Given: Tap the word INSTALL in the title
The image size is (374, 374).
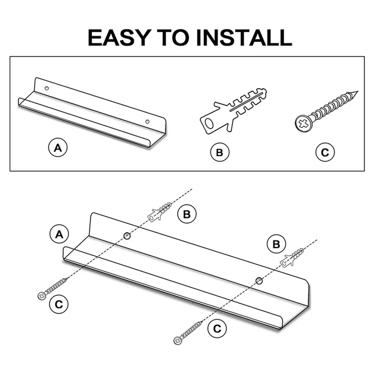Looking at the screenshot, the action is pyautogui.click(x=244, y=37).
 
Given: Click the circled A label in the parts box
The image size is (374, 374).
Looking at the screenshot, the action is pyautogui.click(x=58, y=147).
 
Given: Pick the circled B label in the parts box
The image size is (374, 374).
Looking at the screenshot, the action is pyautogui.click(x=220, y=152).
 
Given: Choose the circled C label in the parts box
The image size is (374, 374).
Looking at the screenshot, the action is pyautogui.click(x=325, y=152).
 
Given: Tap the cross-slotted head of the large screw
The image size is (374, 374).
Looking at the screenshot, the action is pyautogui.click(x=303, y=123).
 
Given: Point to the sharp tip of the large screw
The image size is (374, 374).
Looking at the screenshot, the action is pyautogui.click(x=358, y=92).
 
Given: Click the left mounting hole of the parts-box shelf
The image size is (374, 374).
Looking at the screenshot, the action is pyautogui.click(x=47, y=88).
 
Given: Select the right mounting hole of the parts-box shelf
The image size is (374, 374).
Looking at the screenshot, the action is pyautogui.click(x=147, y=122).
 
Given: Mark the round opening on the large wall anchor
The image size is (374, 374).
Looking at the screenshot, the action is pyautogui.click(x=209, y=123).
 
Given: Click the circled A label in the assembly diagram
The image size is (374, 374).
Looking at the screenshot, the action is pyautogui.click(x=59, y=234).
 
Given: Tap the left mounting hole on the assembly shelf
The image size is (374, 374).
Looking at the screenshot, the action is pyautogui.click(x=127, y=236).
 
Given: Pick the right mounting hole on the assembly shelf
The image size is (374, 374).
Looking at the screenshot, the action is pyautogui.click(x=259, y=281).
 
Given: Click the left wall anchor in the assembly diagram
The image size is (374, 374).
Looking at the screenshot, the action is pyautogui.click(x=159, y=212).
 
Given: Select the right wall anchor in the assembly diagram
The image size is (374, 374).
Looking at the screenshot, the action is pyautogui.click(x=292, y=258).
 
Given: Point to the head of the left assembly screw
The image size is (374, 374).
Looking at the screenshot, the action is pyautogui.click(x=42, y=296).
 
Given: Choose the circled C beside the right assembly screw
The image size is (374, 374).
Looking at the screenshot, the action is pyautogui.click(x=217, y=329).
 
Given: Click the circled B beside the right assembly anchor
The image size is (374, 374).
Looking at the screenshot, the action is pyautogui.click(x=276, y=244).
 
